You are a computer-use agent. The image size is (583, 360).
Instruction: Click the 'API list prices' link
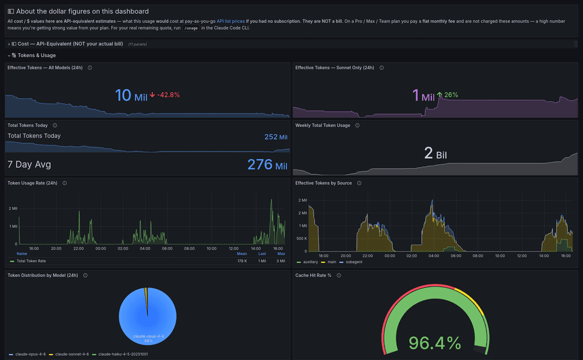tap(231, 21)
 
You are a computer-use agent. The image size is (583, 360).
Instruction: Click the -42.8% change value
tap(168, 95)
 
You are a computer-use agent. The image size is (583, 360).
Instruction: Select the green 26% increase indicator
tap(448, 95)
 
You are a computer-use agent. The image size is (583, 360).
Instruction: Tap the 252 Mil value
tap(276, 137)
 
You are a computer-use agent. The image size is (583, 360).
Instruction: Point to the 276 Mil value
tap(267, 165)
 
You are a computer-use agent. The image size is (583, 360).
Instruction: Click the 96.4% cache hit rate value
tap(435, 343)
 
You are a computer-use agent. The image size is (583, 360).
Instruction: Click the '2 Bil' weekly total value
tap(436, 153)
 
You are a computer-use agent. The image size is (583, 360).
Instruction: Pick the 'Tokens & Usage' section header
tap(37, 56)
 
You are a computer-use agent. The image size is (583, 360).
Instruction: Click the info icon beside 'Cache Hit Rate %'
tap(338, 276)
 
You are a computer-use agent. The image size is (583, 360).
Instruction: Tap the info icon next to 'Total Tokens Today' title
tap(55, 126)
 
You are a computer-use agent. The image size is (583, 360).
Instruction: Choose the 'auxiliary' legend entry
tap(307, 262)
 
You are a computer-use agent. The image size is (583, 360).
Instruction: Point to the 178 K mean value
tap(242, 261)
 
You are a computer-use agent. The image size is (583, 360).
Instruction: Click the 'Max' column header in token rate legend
tap(281, 254)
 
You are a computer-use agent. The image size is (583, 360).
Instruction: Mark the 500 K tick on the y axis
tap(302, 239)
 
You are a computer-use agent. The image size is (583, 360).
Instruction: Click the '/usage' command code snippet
tap(191, 28)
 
